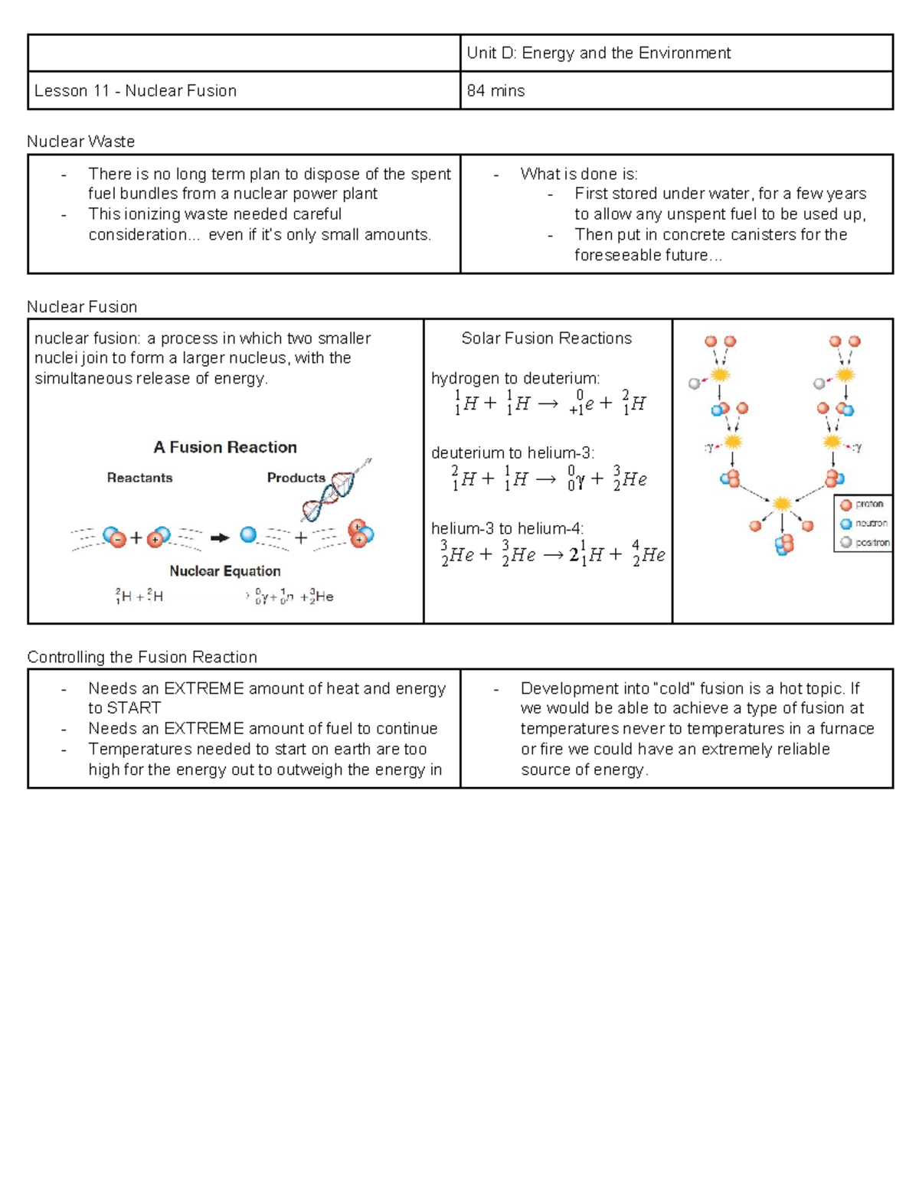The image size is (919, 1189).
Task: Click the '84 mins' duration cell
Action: [x=495, y=90]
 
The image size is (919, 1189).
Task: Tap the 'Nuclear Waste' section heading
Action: [x=80, y=142]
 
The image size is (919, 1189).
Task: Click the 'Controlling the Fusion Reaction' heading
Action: [x=142, y=657]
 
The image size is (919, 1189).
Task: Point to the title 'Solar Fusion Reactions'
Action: [x=546, y=338]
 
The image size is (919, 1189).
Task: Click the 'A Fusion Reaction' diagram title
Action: [x=225, y=447]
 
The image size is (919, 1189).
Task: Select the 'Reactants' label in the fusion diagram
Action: [x=139, y=478]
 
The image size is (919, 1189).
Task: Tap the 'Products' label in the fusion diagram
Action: [x=296, y=478]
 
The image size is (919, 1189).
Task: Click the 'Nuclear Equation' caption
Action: [x=225, y=571]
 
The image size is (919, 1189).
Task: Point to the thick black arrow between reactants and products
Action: [x=220, y=537]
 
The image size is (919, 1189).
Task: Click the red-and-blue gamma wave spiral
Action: [x=334, y=492]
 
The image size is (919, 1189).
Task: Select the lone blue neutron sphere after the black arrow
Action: [x=248, y=534]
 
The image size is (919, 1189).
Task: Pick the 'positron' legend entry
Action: [x=865, y=542]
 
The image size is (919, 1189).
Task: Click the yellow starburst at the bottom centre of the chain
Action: [x=782, y=504]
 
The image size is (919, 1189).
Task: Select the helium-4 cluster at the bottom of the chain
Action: [x=783, y=544]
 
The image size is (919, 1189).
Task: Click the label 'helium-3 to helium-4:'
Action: [x=507, y=528]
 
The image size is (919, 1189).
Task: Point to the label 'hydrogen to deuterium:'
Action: [x=515, y=378]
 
